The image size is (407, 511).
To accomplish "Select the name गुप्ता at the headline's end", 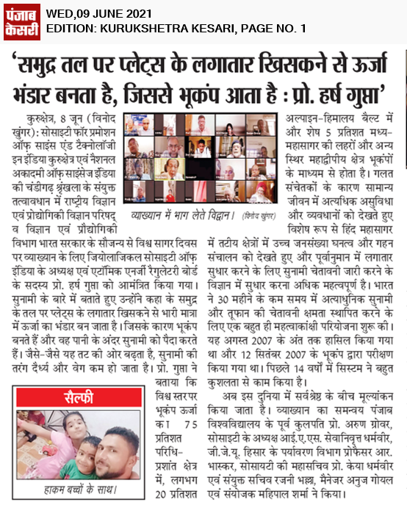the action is [372, 94].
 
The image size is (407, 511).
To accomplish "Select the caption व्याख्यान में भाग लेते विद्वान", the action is [177, 215].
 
